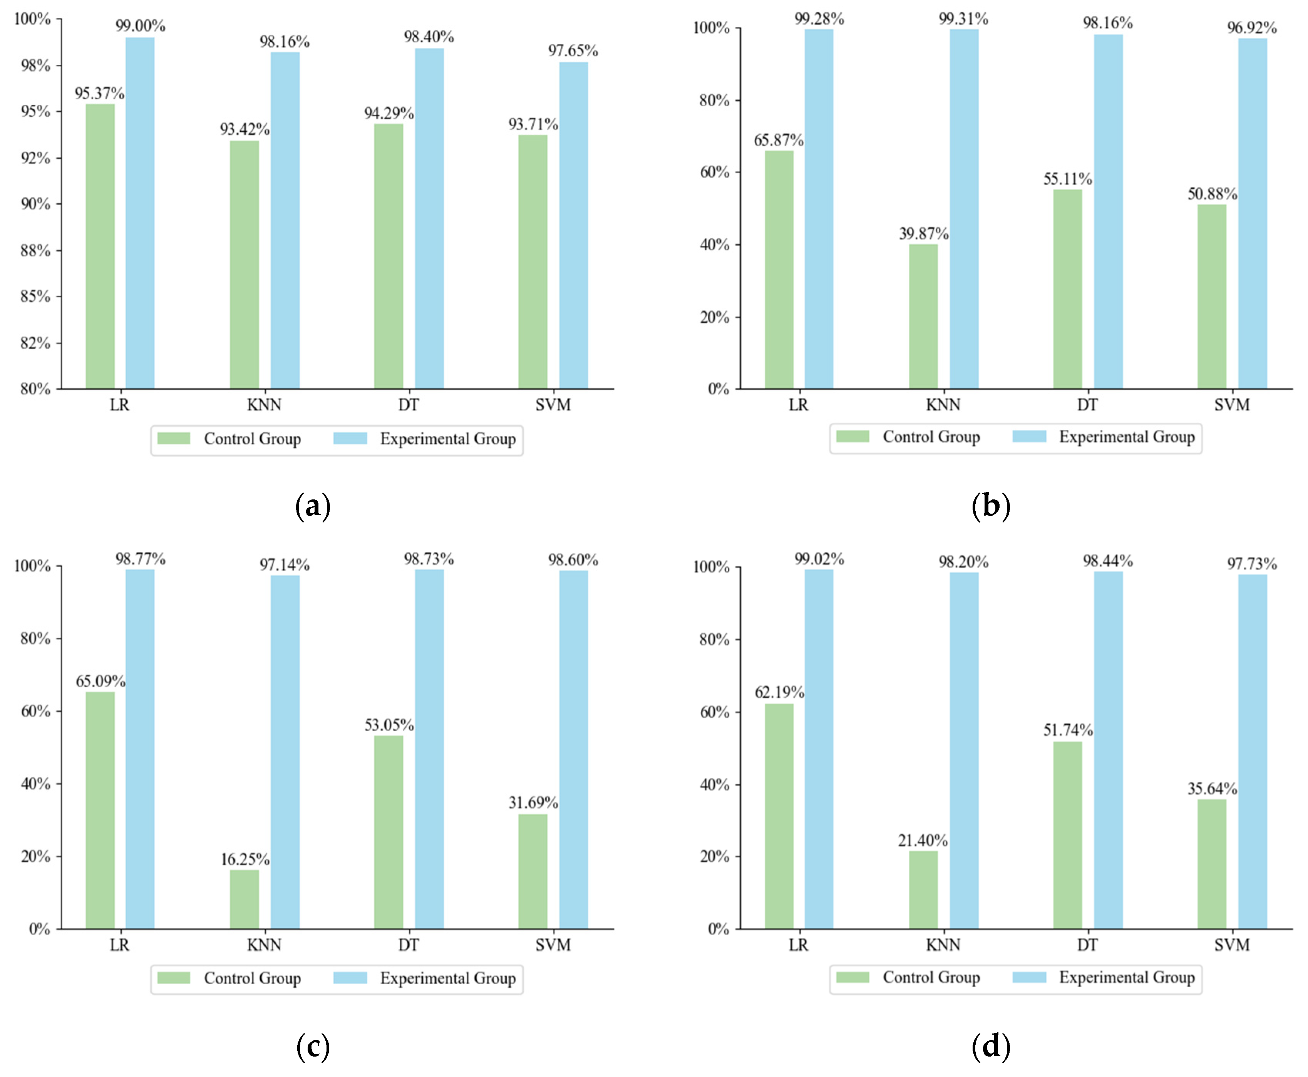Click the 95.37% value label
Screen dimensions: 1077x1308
[100, 94]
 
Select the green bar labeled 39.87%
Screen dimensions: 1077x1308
[923, 317]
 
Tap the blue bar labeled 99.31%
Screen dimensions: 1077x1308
[964, 209]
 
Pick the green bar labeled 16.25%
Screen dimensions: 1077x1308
[245, 899]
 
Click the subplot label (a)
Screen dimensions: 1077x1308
[313, 506]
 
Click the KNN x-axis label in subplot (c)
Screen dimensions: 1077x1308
[264, 945]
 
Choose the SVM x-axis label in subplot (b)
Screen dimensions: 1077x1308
[1232, 405]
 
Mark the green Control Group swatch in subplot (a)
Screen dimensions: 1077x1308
[174, 439]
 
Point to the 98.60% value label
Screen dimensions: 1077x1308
[573, 560]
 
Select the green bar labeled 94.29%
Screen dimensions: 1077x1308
[389, 256]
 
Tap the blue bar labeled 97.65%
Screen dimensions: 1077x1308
[574, 225]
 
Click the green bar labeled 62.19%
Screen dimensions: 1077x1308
[779, 816]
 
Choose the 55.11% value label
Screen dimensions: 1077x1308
[1067, 179]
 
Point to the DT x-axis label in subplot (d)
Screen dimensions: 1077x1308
[1087, 945]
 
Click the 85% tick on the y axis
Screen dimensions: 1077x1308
[35, 296]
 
